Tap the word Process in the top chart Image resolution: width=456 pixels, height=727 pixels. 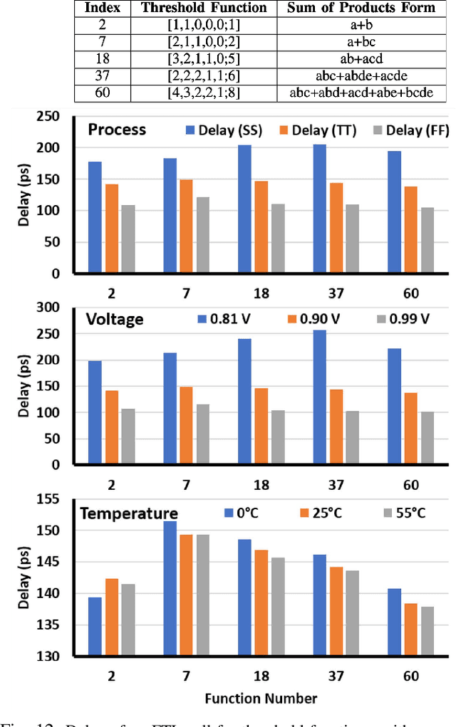coord(118,130)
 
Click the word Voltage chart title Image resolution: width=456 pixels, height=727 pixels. coord(115,320)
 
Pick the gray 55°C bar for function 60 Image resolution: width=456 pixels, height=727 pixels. coord(427,631)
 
